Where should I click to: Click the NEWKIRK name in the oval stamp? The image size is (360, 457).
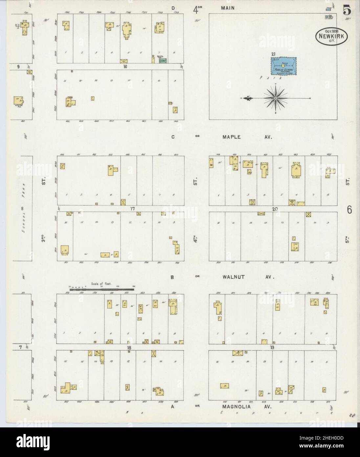coord(333,37)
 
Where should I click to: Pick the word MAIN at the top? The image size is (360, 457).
coord(228,8)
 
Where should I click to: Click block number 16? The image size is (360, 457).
coord(125,66)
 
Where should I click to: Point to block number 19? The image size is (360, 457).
coord(272,348)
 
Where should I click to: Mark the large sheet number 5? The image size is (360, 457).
coord(347,11)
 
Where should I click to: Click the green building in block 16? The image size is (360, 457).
coord(163,60)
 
